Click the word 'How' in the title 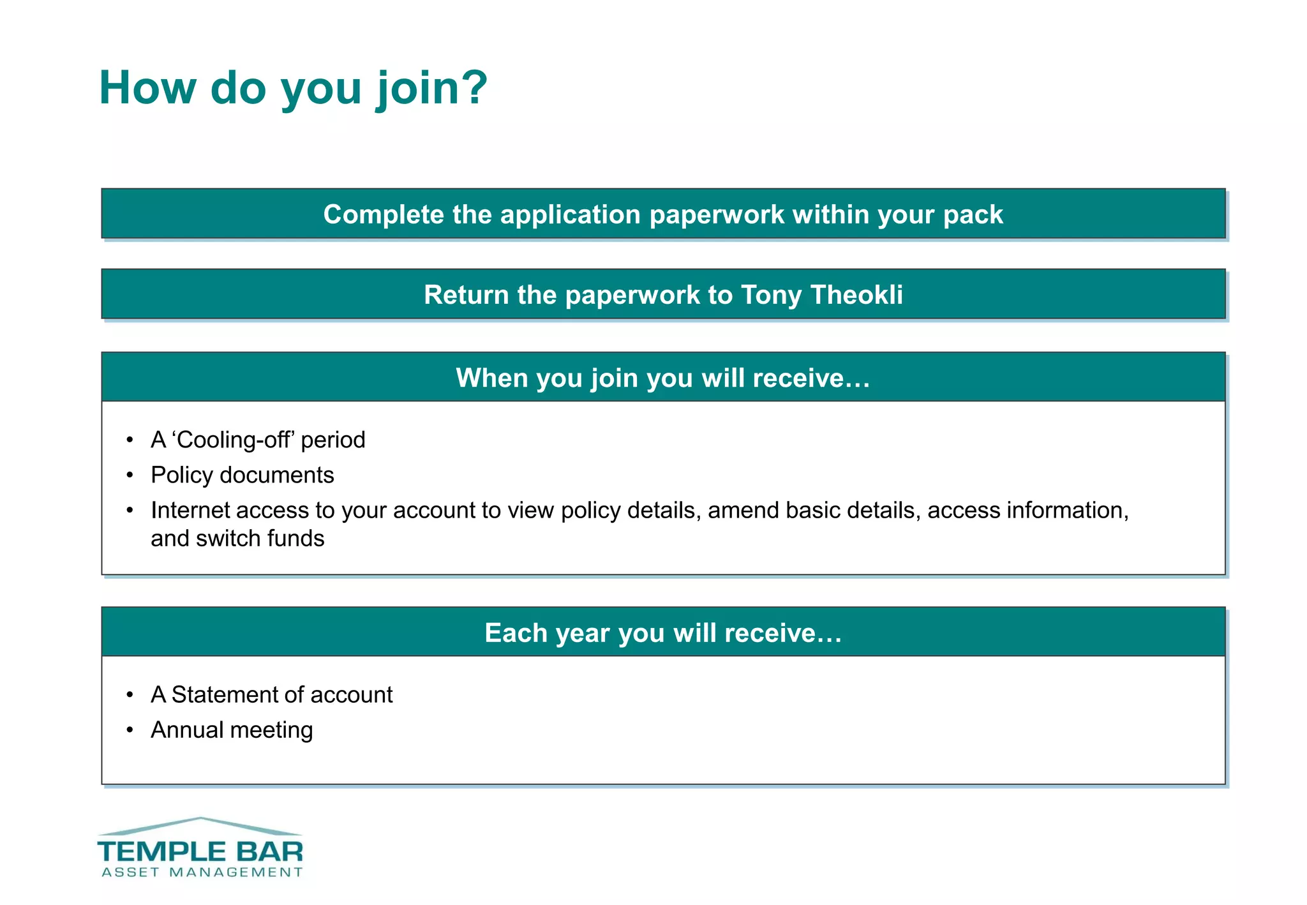point(147,88)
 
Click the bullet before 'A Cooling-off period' point(130,440)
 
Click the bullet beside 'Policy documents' point(130,475)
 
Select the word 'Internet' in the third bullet point(190,511)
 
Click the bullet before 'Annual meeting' point(130,729)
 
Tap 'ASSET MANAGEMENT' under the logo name point(202,872)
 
